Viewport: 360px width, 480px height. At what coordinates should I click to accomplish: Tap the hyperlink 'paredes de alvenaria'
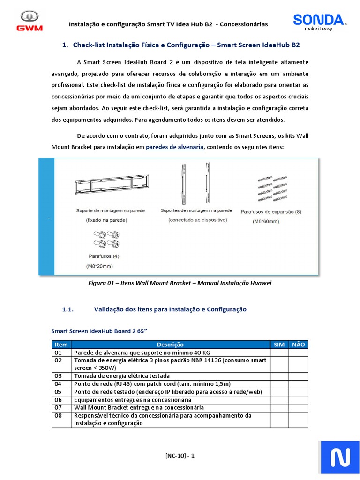pos(175,147)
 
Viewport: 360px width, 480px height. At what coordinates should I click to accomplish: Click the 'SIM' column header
pos(279,345)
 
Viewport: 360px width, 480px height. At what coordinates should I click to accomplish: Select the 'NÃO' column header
pos(298,345)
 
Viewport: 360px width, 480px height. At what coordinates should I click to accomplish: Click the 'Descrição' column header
pos(170,345)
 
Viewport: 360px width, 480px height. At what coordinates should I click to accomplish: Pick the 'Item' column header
pos(61,345)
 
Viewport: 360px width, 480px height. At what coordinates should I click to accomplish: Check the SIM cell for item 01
pos(279,352)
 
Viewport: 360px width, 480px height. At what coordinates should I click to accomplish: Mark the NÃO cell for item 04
pos(298,384)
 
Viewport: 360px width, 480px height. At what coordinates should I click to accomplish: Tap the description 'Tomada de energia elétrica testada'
pos(122,376)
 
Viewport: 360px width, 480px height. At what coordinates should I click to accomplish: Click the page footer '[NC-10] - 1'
pos(180,456)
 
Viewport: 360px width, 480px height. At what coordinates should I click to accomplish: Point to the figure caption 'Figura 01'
pos(180,283)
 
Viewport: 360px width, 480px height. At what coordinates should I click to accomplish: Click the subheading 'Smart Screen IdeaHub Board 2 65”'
pos(99,331)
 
